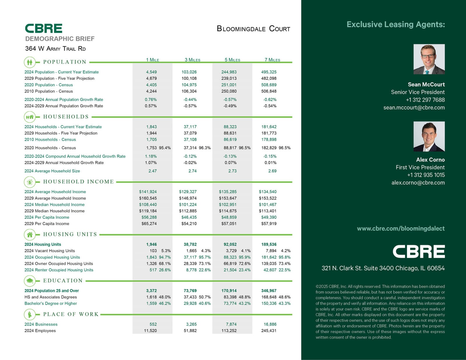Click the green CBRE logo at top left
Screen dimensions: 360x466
pyautogui.click(x=43, y=29)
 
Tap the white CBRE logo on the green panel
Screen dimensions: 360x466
pyautogui.click(x=419, y=251)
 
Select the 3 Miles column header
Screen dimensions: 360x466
pyautogui.click(x=192, y=60)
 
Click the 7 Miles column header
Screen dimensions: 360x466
pyautogui.click(x=272, y=60)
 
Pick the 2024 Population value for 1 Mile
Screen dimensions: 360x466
pyautogui.click(x=151, y=72)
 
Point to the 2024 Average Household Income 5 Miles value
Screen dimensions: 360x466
pyautogui.click(x=228, y=192)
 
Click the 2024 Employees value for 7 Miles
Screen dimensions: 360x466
pyautogui.click(x=269, y=331)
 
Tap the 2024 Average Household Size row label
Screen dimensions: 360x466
pyautogui.click(x=52, y=171)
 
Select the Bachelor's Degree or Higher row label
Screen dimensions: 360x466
pyautogui.click(x=51, y=303)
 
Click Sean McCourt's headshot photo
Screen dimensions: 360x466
pyautogui.click(x=429, y=59)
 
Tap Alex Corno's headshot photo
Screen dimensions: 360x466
pyautogui.click(x=429, y=136)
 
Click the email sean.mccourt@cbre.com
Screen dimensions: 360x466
pyautogui.click(x=414, y=107)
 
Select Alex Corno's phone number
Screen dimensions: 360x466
pyautogui.click(x=426, y=175)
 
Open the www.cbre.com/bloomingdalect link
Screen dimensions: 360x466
pyautogui.click(x=401, y=229)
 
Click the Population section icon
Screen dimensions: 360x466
pyautogui.click(x=29, y=62)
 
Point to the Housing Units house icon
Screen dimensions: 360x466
pyautogui.click(x=29, y=234)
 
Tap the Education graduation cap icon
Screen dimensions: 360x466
pyautogui.click(x=29, y=281)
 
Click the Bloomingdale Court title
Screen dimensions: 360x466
pyautogui.click(x=253, y=29)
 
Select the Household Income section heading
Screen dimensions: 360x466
pyautogui.click(x=78, y=182)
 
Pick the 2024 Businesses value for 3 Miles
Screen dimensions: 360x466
pyautogui.click(x=191, y=324)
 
